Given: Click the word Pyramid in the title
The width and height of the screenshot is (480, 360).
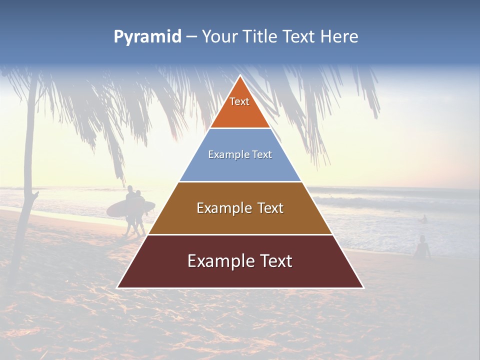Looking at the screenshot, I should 147,37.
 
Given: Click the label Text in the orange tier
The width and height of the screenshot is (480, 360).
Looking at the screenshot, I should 239,101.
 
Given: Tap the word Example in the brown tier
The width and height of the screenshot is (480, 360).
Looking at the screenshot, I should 218,208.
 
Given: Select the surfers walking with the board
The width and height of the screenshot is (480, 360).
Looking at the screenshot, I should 134,210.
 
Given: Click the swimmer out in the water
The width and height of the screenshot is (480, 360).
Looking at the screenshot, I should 423,219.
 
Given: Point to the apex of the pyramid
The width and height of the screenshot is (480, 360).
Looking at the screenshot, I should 240,77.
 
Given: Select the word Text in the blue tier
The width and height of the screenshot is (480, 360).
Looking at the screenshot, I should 262,154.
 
